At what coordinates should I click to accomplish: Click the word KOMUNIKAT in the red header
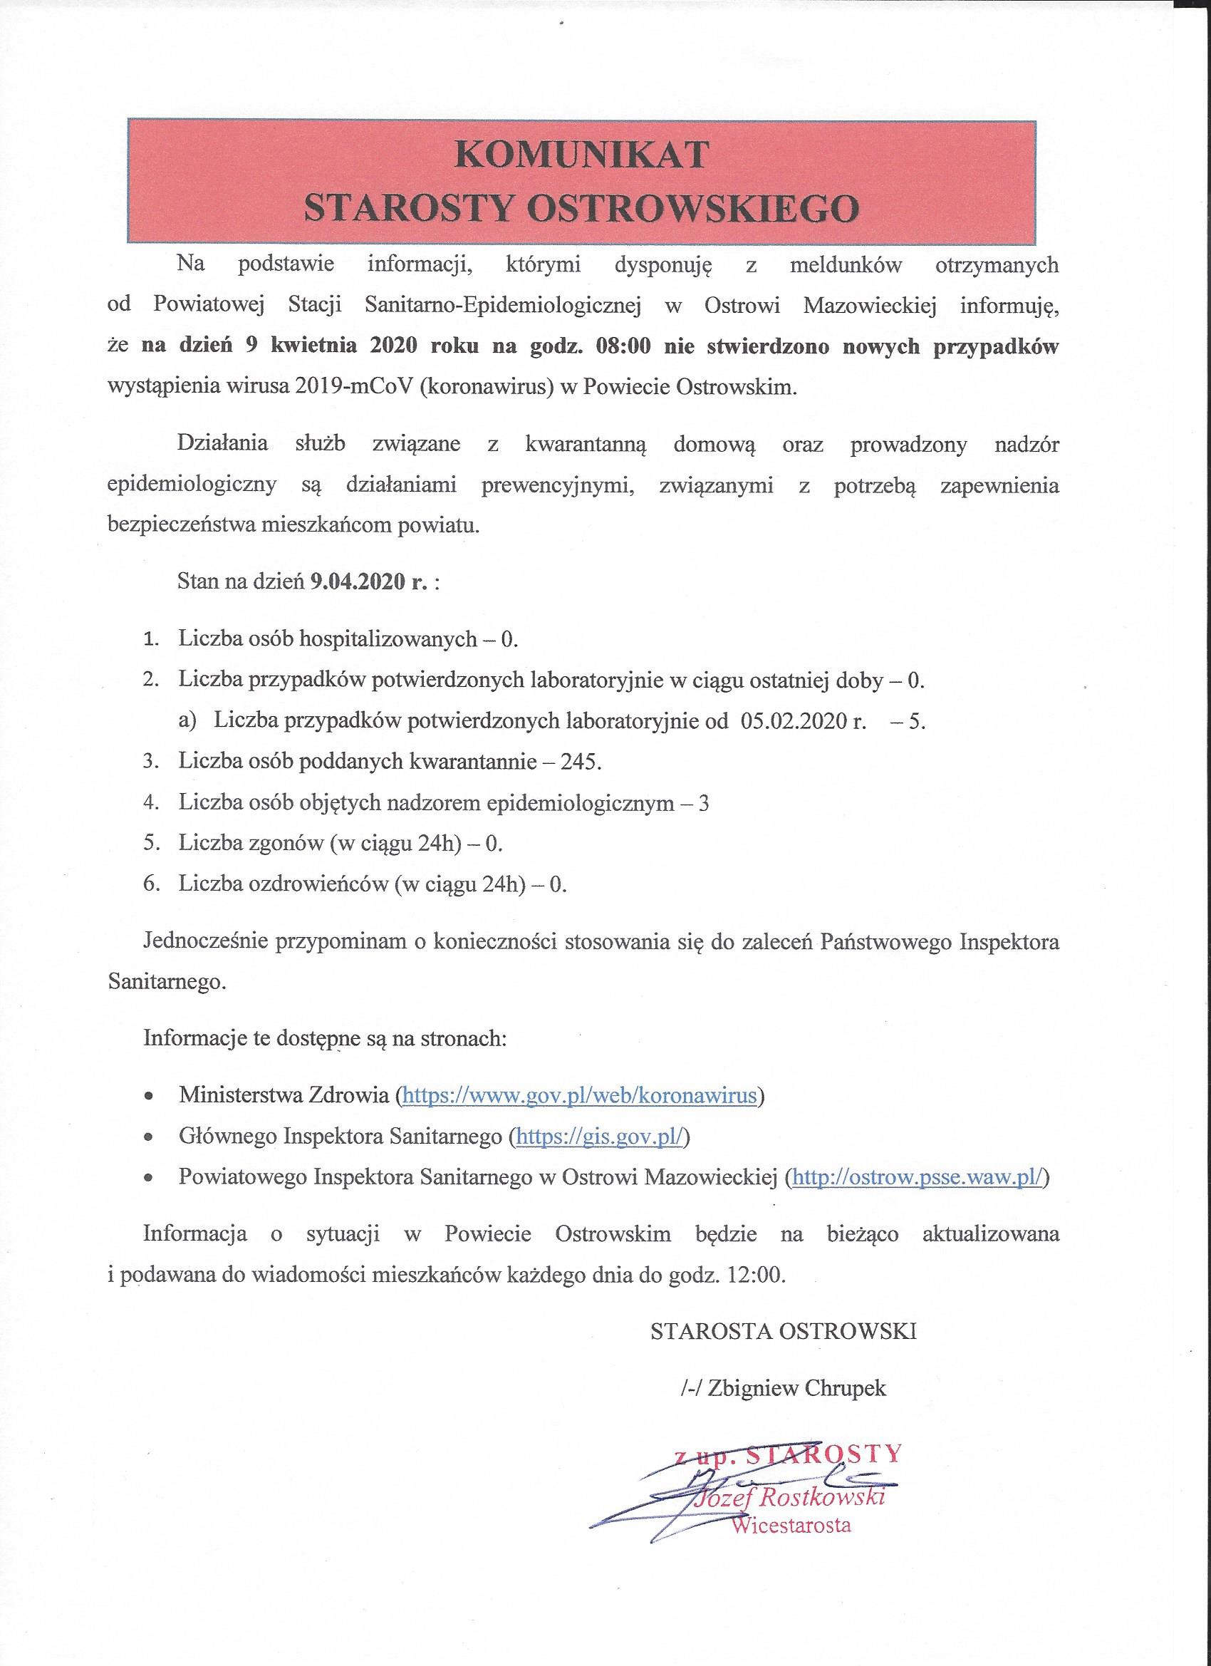(x=581, y=156)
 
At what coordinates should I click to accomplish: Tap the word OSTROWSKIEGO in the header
(x=692, y=209)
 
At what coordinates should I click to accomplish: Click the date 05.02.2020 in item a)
(x=793, y=721)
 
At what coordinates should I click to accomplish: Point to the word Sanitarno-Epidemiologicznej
(x=502, y=306)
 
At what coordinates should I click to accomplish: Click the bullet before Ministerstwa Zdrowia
(x=149, y=1097)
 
